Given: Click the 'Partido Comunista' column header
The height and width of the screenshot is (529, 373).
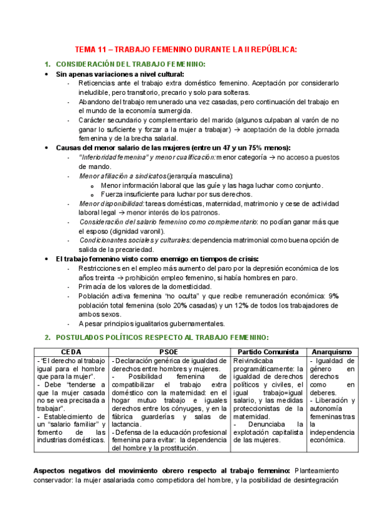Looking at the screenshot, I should (268, 351).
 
